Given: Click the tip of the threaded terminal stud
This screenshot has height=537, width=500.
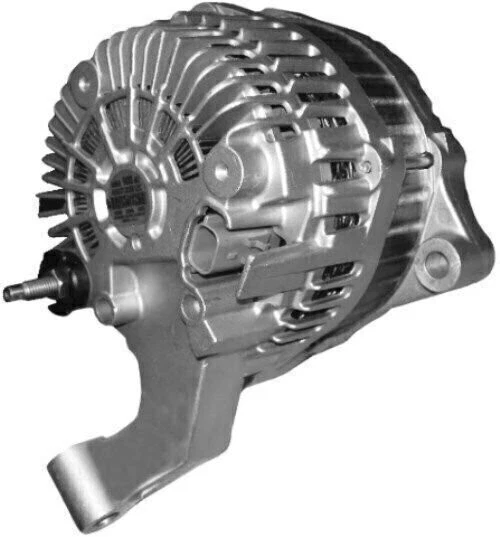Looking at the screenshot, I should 8,293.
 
